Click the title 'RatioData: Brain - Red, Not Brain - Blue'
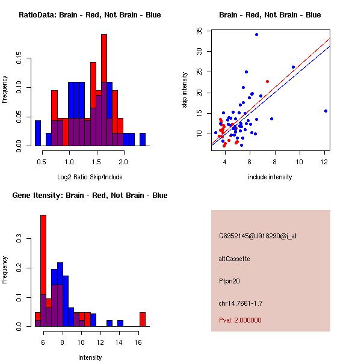90,15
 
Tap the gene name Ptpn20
229,281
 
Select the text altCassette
234,259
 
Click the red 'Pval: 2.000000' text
240,320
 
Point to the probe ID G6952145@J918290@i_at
258,236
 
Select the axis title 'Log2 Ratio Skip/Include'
90,176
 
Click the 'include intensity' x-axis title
270,177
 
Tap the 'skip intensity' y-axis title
185,90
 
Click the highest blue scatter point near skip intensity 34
256,34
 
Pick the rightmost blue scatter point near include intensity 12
326,111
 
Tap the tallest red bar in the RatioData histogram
104,72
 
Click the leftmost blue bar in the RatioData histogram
37,133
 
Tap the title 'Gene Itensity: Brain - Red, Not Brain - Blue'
90,196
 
